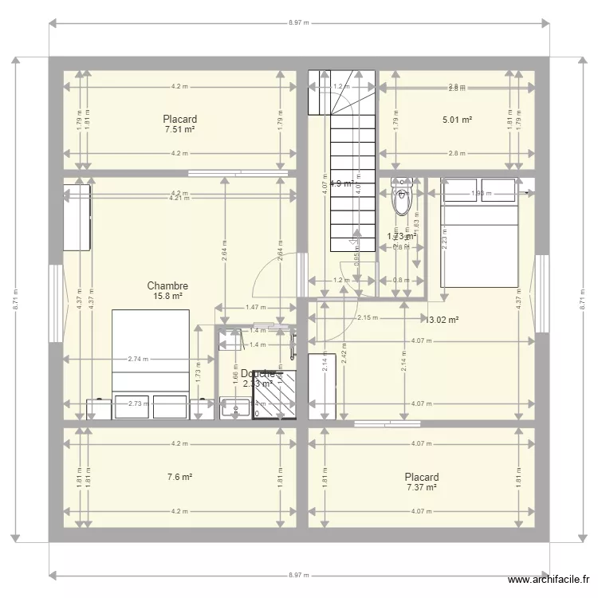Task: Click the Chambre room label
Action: pyautogui.click(x=167, y=285)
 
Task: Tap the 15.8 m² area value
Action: pyautogui.click(x=167, y=296)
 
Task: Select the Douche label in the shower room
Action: pyautogui.click(x=258, y=373)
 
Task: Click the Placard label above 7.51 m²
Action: pyautogui.click(x=179, y=120)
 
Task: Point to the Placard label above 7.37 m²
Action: pyautogui.click(x=422, y=478)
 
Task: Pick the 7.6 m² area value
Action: pyautogui.click(x=179, y=478)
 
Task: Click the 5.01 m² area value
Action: pyautogui.click(x=457, y=120)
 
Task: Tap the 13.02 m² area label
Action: pyautogui.click(x=443, y=320)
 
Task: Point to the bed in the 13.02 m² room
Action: pyautogui.click(x=478, y=231)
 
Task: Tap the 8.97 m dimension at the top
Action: pyautogui.click(x=300, y=23)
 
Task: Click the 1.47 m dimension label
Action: pyautogui.click(x=255, y=307)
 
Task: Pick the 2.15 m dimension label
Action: pyautogui.click(x=368, y=318)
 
